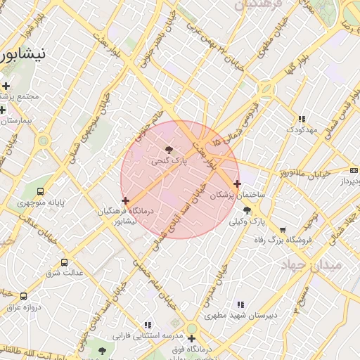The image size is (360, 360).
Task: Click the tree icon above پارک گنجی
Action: (168, 149)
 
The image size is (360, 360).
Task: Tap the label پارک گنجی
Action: (169, 161)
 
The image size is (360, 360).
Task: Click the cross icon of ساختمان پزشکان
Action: (237, 184)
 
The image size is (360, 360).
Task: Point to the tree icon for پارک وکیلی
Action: (246, 210)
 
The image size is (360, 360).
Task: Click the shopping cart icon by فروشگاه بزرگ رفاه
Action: (283, 229)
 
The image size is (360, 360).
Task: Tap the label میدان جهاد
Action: (311, 265)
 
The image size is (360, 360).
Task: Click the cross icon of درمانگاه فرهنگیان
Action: (125, 201)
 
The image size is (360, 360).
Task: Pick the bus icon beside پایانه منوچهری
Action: (41, 191)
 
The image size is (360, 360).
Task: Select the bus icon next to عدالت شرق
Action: (65, 262)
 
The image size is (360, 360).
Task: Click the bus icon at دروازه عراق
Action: (24, 296)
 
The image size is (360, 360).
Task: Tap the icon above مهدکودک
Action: (302, 120)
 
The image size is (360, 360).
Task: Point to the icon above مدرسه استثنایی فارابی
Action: (148, 325)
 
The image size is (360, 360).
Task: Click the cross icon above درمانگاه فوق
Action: (191, 338)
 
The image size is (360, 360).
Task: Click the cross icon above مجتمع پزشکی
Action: (6, 86)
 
